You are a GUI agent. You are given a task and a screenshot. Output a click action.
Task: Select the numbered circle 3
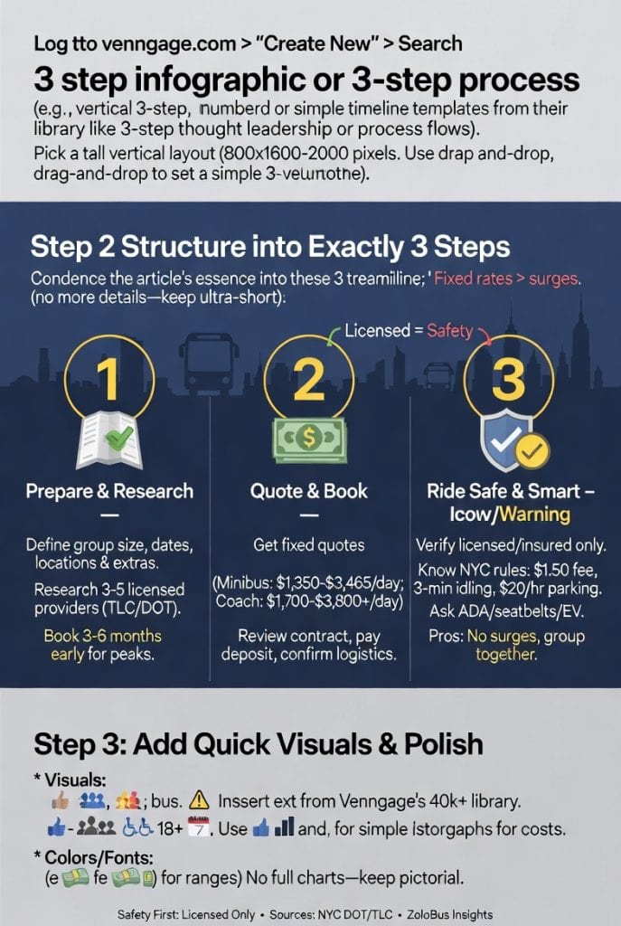510,380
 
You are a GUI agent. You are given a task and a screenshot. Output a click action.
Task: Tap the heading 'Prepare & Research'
109,491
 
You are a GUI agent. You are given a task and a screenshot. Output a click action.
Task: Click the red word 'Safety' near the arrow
450,331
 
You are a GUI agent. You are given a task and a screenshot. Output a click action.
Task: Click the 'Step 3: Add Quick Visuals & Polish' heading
258,743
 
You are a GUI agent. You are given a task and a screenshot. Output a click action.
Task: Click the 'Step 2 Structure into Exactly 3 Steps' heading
270,247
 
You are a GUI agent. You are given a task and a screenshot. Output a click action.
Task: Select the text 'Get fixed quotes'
310,545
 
